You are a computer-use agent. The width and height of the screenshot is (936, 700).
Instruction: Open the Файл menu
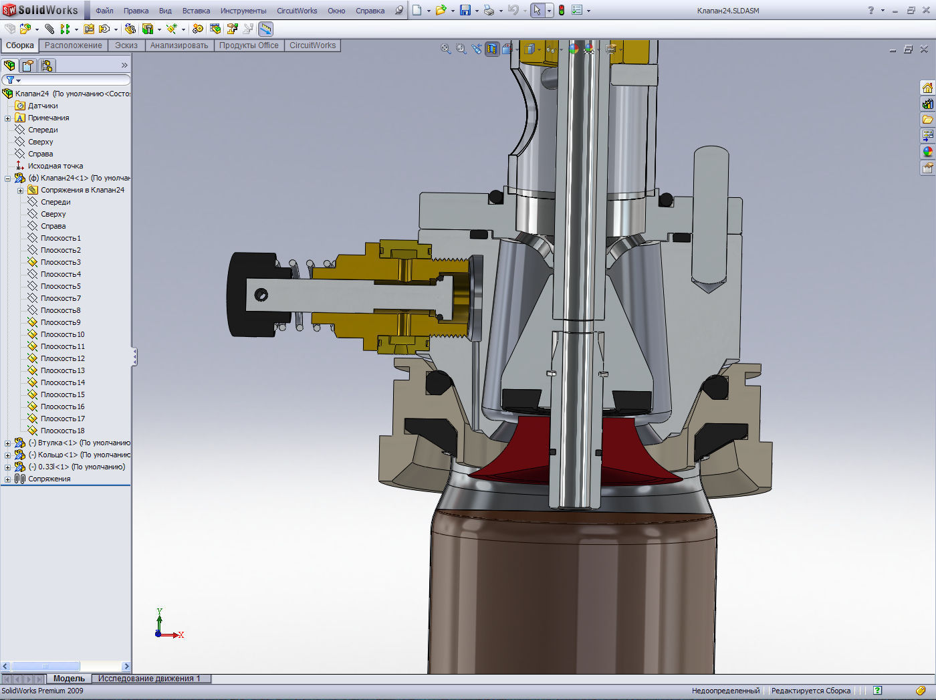coord(104,11)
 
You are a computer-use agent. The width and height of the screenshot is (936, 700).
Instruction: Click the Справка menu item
coord(370,11)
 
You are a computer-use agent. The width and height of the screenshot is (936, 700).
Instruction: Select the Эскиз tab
coord(126,45)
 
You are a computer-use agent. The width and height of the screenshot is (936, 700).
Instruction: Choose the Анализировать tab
coord(179,45)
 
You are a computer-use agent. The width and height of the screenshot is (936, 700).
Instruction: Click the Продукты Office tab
coord(249,45)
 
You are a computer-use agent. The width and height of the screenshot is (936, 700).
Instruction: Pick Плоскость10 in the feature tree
coord(62,334)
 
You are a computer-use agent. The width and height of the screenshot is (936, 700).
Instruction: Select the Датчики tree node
coord(43,106)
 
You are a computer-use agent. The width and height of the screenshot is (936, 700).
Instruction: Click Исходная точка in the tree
coord(55,166)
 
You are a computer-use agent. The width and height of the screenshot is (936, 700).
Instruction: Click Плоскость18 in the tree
coord(62,431)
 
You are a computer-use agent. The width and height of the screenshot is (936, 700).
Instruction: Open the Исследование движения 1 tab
coord(149,679)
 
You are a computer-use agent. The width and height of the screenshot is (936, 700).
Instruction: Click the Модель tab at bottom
coord(69,679)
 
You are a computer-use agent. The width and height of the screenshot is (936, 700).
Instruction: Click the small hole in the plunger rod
coord(261,294)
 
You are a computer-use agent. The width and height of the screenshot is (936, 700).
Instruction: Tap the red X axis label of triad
coord(181,635)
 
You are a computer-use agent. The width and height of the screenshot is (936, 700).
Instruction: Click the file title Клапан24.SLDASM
coord(728,11)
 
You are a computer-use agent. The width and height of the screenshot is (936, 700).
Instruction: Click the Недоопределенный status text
coord(725,691)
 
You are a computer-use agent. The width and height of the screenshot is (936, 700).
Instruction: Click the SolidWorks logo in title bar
coord(40,10)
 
